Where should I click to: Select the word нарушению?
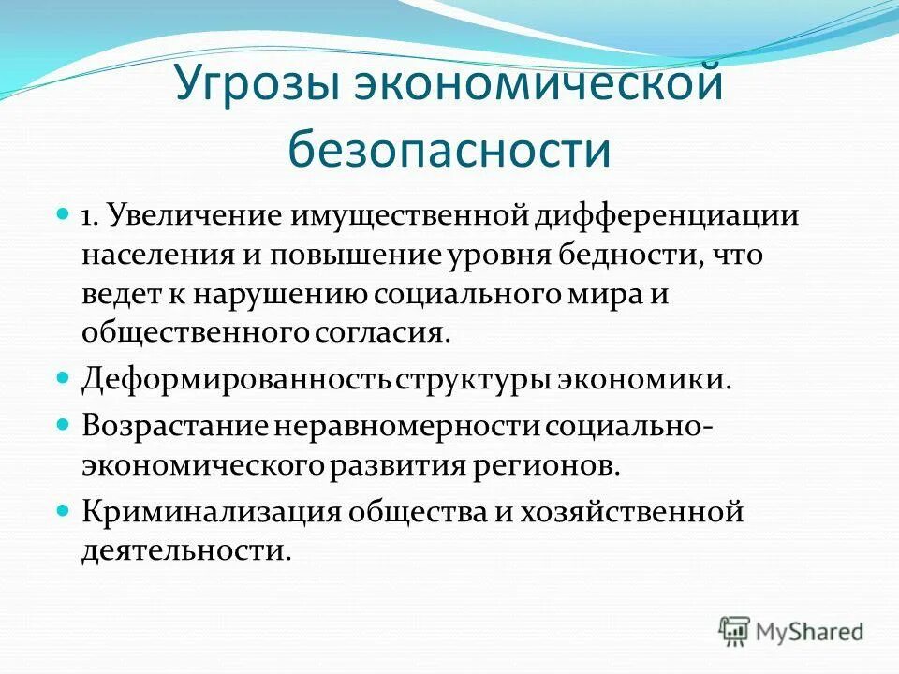click(281, 293)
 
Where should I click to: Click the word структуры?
click(471, 380)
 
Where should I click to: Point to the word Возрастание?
click(175, 427)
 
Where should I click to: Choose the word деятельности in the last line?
click(184, 550)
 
